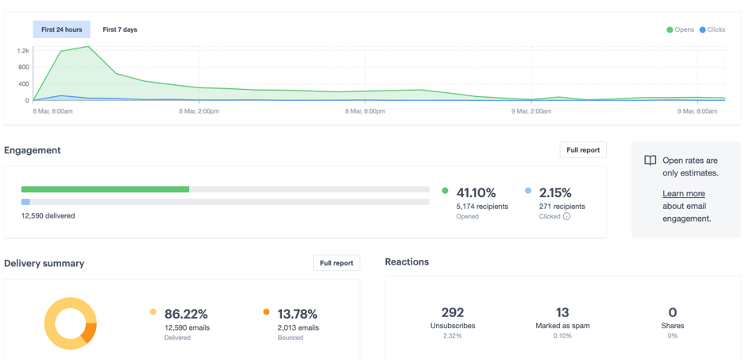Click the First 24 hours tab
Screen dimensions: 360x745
[x=61, y=29]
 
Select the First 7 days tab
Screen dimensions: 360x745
[x=120, y=29]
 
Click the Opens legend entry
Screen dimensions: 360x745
[x=680, y=29]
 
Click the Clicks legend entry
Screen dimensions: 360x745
[x=712, y=29]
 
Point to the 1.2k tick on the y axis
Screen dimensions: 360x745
[x=22, y=51]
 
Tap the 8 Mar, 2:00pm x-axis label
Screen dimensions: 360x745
[x=199, y=111]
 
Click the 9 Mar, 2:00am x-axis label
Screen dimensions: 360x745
[x=531, y=111]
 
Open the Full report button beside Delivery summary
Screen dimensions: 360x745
[x=336, y=263]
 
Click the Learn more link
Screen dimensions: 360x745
[x=684, y=194]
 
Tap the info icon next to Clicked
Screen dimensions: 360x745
[x=566, y=216]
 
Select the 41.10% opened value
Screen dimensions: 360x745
[x=476, y=192]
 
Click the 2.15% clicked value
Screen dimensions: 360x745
[x=555, y=192]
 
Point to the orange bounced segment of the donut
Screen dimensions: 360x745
[x=89, y=331]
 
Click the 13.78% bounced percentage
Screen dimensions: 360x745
[x=297, y=314]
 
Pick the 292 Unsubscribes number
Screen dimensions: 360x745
[x=452, y=312]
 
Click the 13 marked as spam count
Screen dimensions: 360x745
[x=562, y=312]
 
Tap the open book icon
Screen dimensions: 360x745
[x=650, y=161]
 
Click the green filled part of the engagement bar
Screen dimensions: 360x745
[x=105, y=189]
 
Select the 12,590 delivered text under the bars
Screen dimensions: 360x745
[x=48, y=215]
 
